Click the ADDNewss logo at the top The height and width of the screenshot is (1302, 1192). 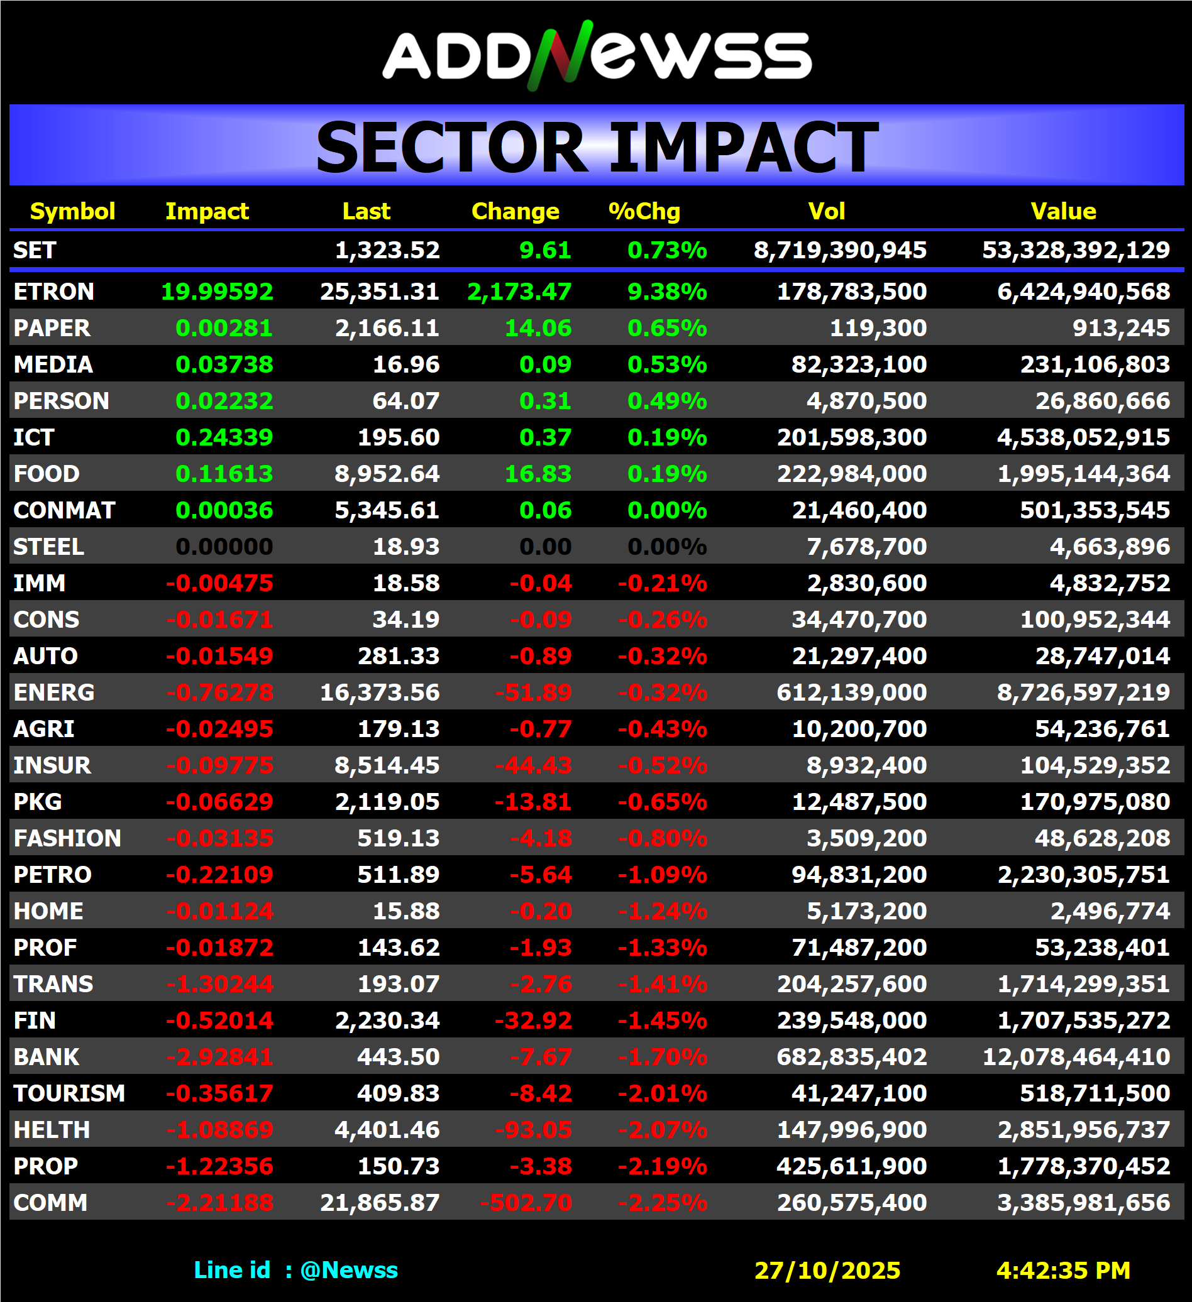pyautogui.click(x=597, y=55)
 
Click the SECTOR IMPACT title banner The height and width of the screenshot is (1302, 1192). pyautogui.click(x=597, y=146)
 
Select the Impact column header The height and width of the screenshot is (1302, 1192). pyautogui.click(x=207, y=211)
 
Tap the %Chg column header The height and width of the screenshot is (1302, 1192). pyautogui.click(x=644, y=211)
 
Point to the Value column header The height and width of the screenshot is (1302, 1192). pyautogui.click(x=1062, y=211)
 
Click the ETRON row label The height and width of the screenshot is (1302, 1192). pyautogui.click(x=53, y=292)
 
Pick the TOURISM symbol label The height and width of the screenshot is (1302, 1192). pyautogui.click(x=69, y=1093)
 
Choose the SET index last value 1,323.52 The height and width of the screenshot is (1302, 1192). pyautogui.click(x=387, y=250)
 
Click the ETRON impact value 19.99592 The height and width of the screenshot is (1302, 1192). pyautogui.click(x=216, y=292)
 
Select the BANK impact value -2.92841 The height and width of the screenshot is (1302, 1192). pyautogui.click(x=219, y=1056)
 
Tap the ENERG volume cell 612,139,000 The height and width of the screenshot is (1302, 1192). pyautogui.click(x=851, y=692)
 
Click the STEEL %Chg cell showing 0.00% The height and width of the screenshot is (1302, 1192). pyautogui.click(x=667, y=547)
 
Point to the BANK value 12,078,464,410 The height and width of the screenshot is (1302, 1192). pyautogui.click(x=1076, y=1056)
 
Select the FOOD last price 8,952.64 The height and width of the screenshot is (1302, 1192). pyautogui.click(x=387, y=473)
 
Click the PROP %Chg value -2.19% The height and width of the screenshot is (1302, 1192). pyautogui.click(x=662, y=1166)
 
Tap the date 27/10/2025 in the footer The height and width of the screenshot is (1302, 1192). pyautogui.click(x=827, y=1271)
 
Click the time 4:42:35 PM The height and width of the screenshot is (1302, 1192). pyautogui.click(x=1062, y=1271)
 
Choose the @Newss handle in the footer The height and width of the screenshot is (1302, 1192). pyautogui.click(x=349, y=1270)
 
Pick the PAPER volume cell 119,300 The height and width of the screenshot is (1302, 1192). pyautogui.click(x=878, y=328)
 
